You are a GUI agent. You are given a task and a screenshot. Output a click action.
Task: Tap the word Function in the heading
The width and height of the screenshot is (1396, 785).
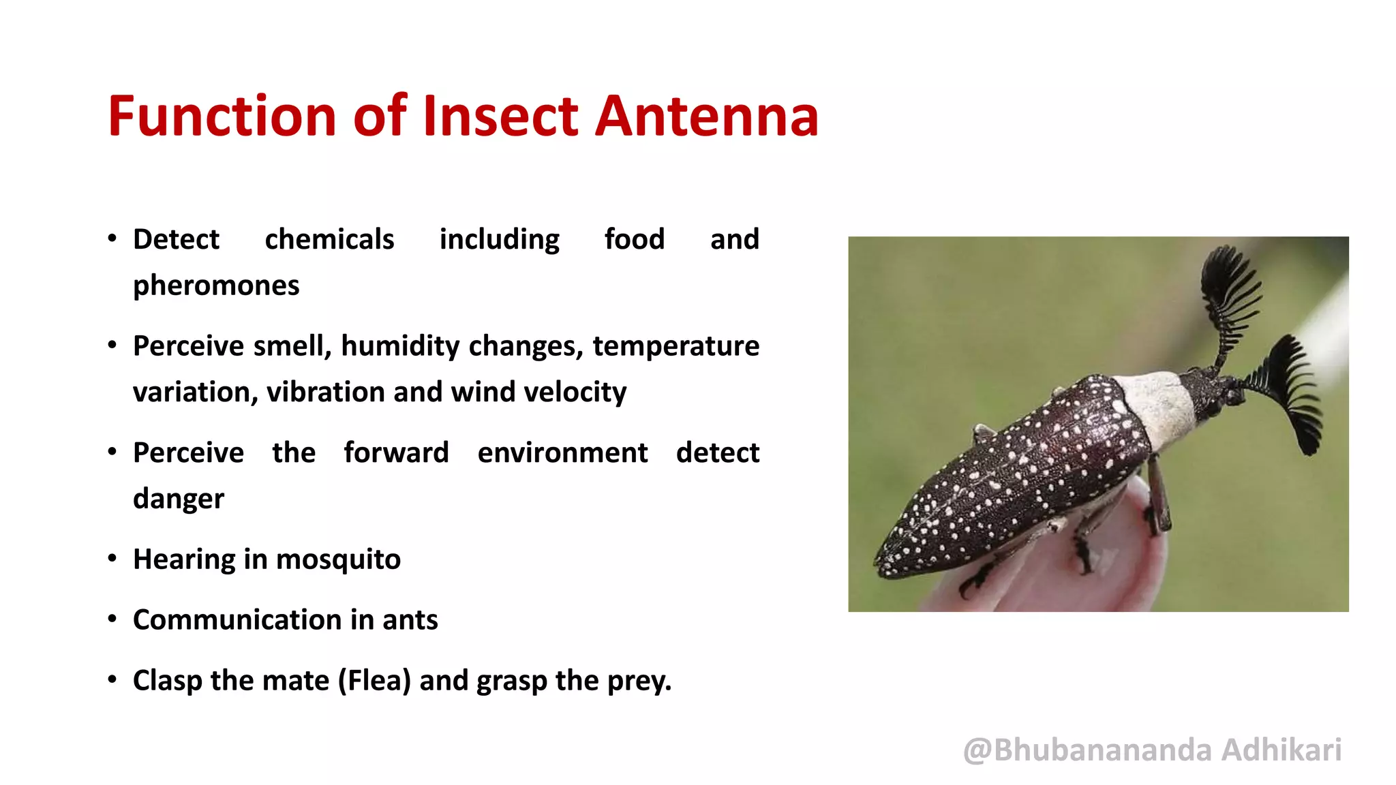tap(222, 116)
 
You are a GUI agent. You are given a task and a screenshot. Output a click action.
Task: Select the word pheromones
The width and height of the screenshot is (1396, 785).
tap(216, 286)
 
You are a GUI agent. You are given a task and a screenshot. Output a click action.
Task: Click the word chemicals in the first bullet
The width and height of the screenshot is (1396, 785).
tap(329, 240)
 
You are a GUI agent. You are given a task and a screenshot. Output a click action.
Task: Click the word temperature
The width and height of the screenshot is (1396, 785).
tap(676, 346)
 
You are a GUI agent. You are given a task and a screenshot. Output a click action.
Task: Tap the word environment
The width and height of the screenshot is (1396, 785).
tap(562, 453)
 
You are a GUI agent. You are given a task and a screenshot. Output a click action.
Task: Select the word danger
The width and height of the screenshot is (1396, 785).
tap(178, 499)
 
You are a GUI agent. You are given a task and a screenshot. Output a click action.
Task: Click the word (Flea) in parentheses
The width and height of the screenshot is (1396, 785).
tap(374, 681)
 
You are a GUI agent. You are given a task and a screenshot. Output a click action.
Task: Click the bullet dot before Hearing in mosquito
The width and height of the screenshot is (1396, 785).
tap(112, 559)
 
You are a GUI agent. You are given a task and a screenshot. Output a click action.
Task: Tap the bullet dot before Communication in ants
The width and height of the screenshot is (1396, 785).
tap(112, 619)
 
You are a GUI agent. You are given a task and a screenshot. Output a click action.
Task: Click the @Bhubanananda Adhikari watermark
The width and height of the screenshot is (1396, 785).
tap(1152, 750)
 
